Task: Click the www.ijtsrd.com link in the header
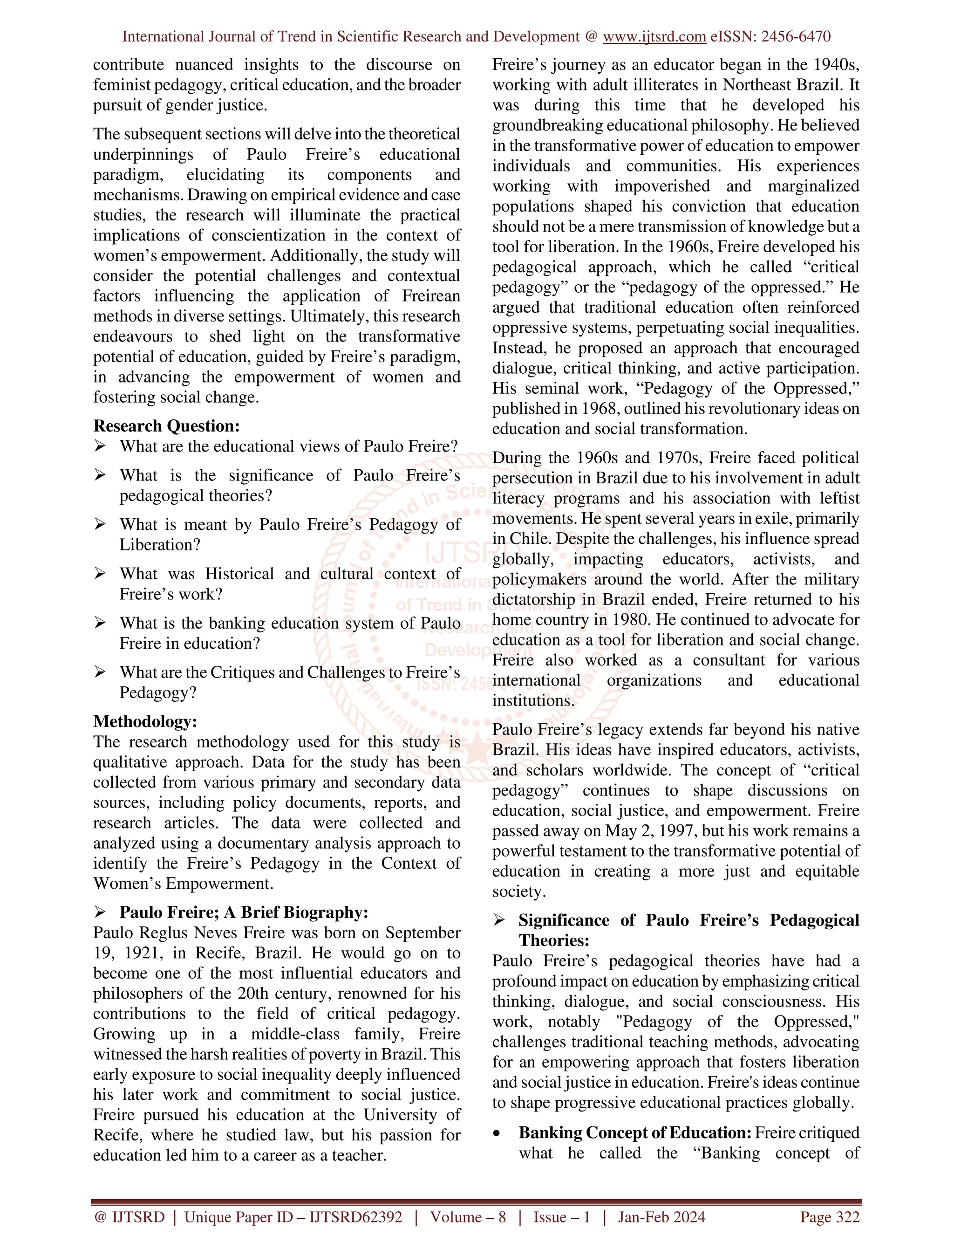[x=654, y=37]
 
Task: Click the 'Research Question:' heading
[x=166, y=426]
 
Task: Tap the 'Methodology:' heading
[x=145, y=721]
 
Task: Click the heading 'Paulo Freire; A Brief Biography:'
[x=244, y=912]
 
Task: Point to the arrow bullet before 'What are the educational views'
[x=100, y=446]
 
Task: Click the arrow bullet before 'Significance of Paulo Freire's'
[x=499, y=920]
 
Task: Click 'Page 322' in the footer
[x=829, y=1217]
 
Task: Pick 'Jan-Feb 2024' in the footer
[x=661, y=1217]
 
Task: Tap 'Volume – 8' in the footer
[x=468, y=1217]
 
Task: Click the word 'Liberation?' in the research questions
[x=160, y=544]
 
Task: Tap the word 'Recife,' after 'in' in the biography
[x=219, y=953]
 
